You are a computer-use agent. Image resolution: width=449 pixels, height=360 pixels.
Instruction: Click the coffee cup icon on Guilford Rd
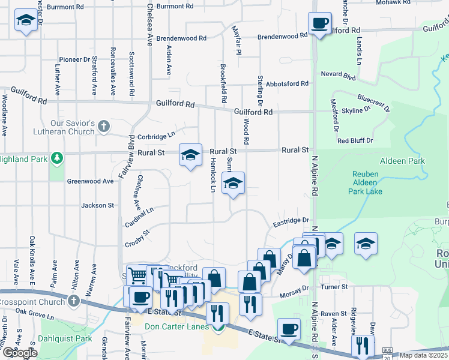[319, 23]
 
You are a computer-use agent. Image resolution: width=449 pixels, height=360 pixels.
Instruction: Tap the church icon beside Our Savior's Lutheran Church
[104, 126]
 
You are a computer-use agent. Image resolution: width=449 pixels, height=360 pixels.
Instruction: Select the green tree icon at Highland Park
[57, 158]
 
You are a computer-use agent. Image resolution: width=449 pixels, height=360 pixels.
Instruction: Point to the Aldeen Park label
[402, 161]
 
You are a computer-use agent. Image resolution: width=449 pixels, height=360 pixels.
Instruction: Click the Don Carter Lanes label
[176, 326]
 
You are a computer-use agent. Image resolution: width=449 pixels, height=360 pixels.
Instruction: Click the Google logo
[19, 353]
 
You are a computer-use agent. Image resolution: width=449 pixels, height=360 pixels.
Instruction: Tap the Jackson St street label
[98, 205]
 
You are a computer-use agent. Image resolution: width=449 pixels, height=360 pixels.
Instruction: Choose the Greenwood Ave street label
[90, 181]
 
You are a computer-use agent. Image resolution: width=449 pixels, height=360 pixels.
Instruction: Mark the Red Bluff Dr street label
[355, 140]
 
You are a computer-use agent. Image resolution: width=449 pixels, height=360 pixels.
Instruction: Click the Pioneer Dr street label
[74, 59]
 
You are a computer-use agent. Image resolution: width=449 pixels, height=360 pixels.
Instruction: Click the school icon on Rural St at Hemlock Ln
[190, 155]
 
